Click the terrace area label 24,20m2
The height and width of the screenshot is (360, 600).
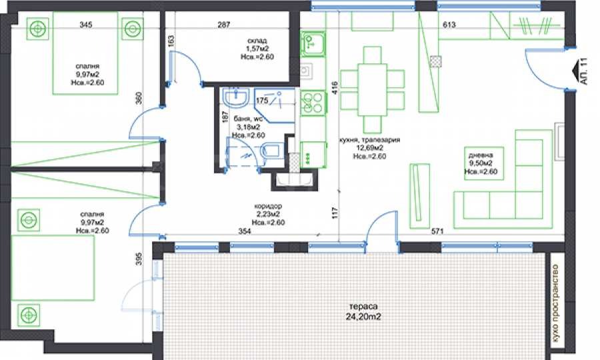click(363, 317)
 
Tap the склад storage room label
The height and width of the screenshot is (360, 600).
click(257, 41)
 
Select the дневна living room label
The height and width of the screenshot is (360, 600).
click(481, 155)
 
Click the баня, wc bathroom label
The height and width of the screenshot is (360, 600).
click(249, 119)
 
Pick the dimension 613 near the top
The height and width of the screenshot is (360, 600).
click(449, 25)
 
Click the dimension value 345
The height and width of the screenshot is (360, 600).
click(86, 25)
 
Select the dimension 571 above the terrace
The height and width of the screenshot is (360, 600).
click(437, 231)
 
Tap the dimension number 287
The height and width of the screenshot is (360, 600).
click(224, 25)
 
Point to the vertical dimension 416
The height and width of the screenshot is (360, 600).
click(335, 87)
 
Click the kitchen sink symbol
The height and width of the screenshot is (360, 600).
click(313, 43)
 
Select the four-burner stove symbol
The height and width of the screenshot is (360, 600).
click(313, 103)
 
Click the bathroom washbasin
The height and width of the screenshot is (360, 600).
click(237, 97)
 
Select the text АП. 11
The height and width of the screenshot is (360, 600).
click(583, 71)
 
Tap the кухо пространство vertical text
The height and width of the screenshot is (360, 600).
click(555, 304)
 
